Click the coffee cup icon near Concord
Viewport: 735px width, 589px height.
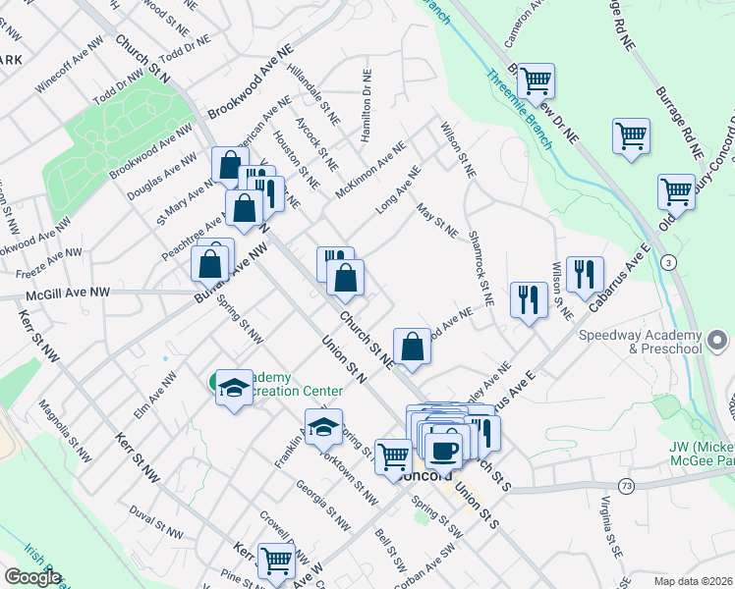444,448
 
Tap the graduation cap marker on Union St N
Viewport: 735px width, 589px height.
323,427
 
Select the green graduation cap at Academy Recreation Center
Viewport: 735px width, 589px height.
234,389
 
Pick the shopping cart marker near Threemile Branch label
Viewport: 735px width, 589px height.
535,80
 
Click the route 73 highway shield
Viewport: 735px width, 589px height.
626,486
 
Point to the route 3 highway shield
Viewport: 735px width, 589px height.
669,262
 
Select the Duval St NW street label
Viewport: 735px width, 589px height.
156,522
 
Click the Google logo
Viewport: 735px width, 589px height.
31,577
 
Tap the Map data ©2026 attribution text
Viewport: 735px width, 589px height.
693,580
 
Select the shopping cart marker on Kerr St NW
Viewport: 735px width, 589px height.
276,560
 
